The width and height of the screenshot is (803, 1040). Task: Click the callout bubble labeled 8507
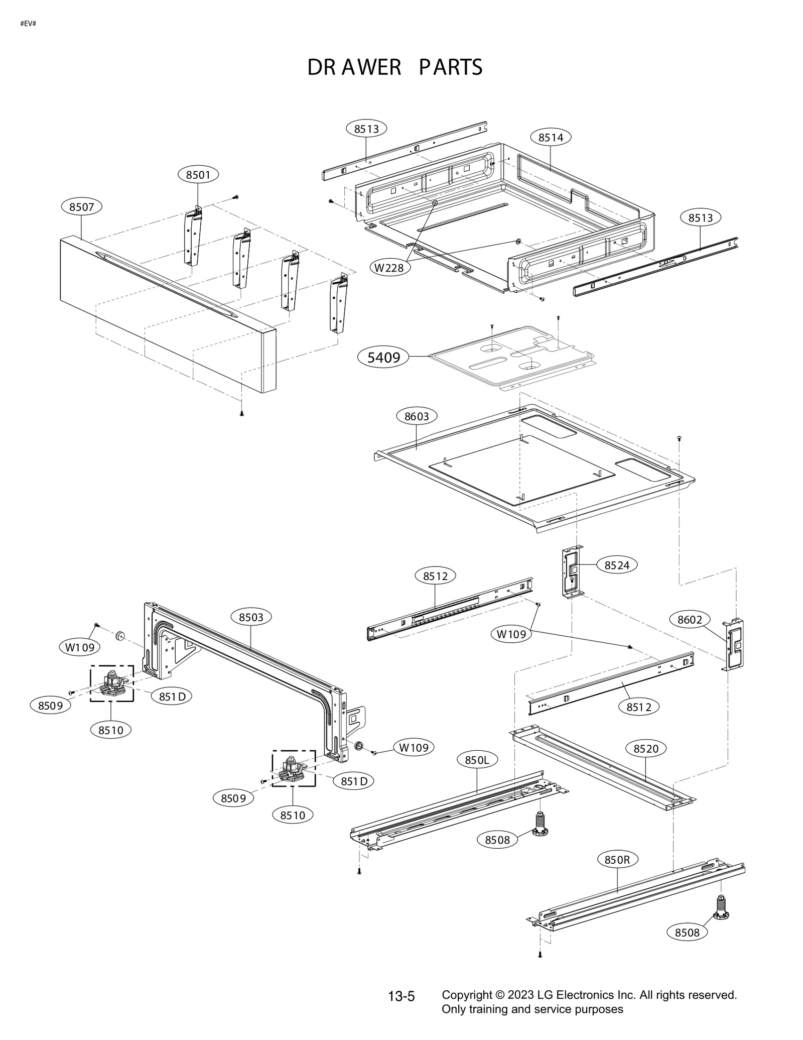pos(81,207)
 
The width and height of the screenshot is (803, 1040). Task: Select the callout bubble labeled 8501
pos(198,175)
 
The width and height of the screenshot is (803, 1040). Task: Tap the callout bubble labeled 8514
pos(551,138)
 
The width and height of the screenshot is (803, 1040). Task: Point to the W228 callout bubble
pos(389,268)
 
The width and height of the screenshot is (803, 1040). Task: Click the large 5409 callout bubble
pos(384,358)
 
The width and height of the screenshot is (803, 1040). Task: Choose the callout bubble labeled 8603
pos(417,416)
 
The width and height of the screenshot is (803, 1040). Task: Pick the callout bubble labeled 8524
pos(617,565)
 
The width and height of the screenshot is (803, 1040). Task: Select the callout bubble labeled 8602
pos(690,620)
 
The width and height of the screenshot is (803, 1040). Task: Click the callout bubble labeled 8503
pos(251,617)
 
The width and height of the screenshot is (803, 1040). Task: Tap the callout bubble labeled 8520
pos(645,749)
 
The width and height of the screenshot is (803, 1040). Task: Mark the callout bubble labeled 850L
pos(477,760)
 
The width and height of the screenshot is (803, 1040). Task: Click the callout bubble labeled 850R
pos(617,860)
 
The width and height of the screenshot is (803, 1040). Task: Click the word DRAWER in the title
pos(354,68)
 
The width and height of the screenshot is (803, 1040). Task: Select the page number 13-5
pos(401,996)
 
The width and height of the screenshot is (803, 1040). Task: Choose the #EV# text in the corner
pos(28,24)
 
